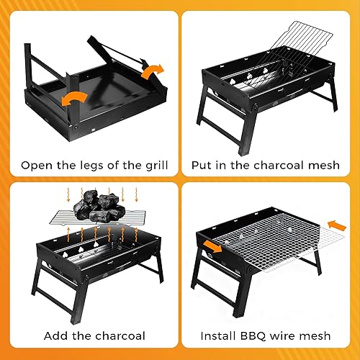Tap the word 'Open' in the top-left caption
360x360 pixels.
coord(35,165)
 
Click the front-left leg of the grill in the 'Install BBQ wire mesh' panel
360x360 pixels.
coord(209,295)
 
